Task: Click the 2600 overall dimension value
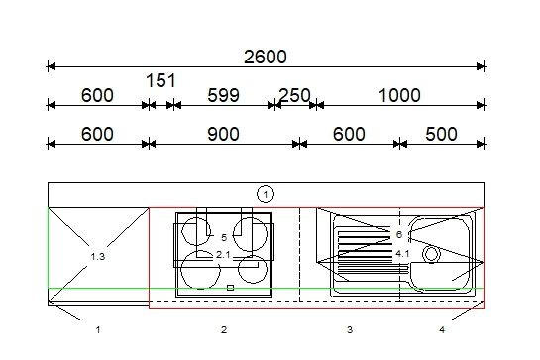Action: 266,57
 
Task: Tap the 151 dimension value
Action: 161,81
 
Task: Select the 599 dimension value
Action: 223,95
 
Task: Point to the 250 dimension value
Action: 294,95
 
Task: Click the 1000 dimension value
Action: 399,95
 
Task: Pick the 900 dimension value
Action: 223,134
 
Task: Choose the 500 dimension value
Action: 441,134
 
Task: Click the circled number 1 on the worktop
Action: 266,194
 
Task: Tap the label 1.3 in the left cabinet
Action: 97,257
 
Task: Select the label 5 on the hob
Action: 224,238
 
